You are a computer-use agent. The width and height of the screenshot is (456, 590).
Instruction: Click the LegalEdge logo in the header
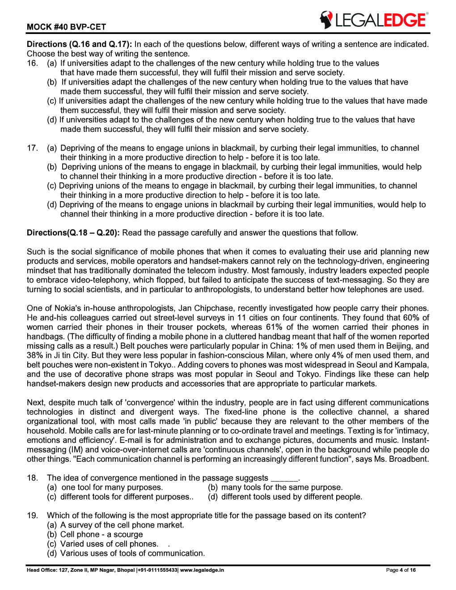click(x=374, y=20)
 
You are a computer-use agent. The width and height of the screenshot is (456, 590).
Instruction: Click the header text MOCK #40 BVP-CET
click(x=66, y=27)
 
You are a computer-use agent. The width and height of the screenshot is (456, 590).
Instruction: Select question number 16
click(x=32, y=63)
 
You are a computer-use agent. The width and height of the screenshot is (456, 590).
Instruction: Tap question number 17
click(x=32, y=148)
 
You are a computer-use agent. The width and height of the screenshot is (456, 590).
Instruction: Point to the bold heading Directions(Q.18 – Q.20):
click(x=73, y=233)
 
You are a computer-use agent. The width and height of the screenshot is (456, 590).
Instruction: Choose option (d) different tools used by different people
click(x=285, y=497)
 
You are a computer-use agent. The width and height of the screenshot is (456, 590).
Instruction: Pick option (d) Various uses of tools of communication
click(x=126, y=553)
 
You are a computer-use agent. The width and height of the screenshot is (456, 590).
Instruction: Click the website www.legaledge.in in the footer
click(x=202, y=570)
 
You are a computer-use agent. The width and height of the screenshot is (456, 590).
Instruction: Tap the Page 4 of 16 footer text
click(x=401, y=570)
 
